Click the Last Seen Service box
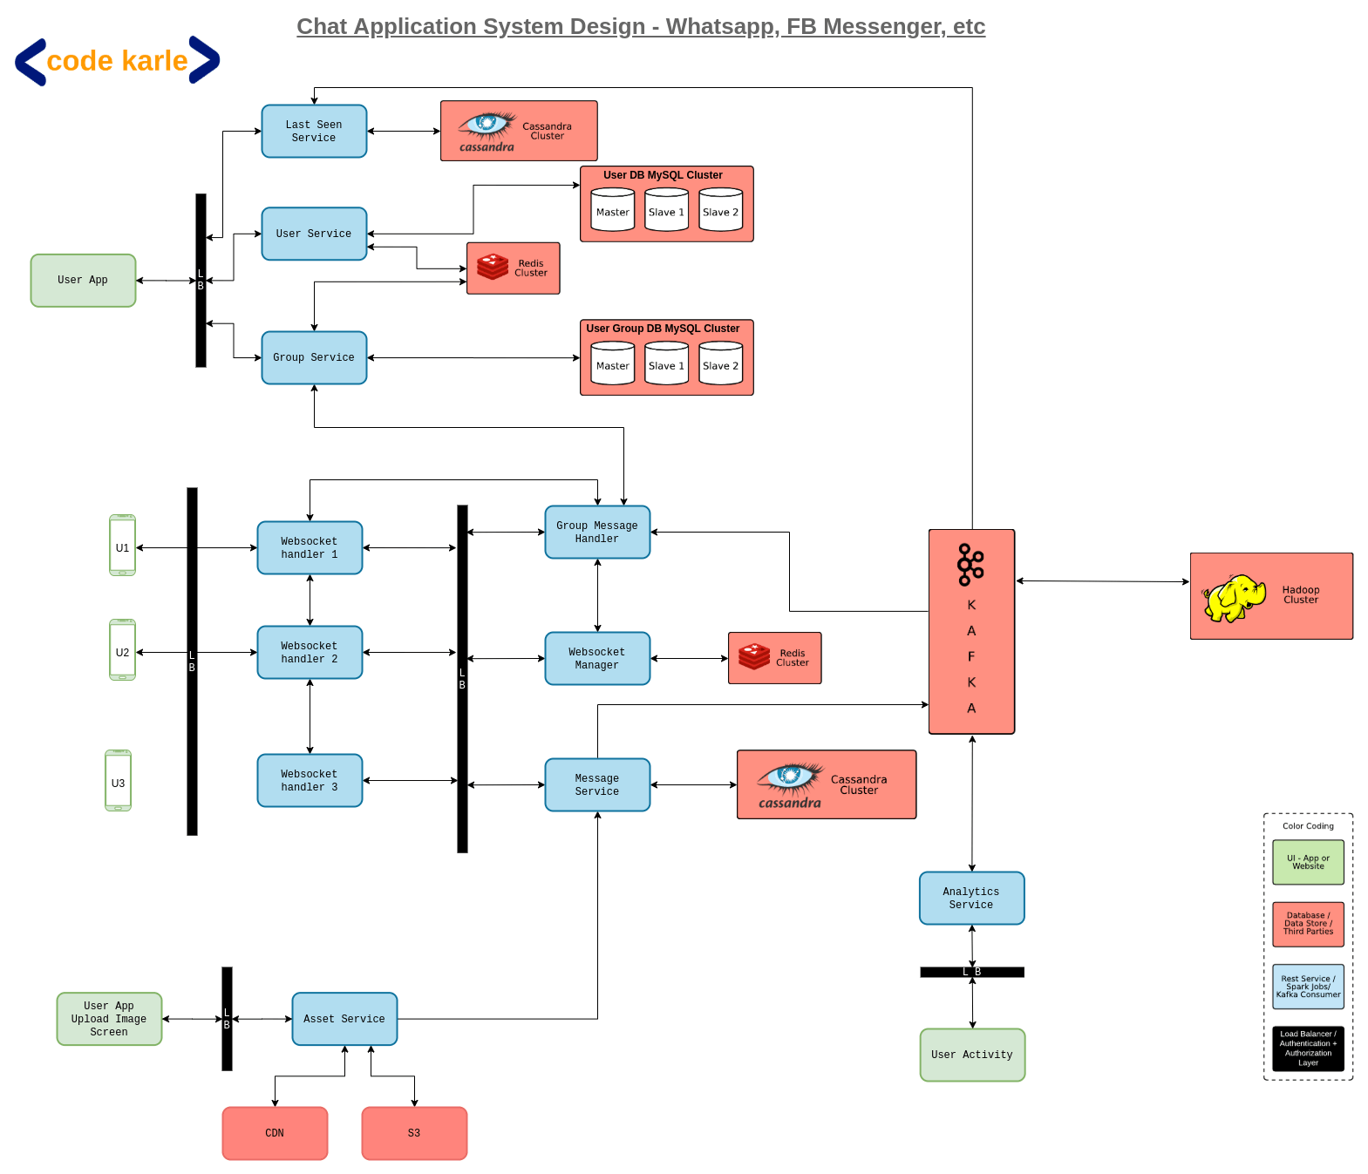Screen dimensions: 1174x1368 tap(314, 132)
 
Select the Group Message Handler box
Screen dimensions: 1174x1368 tap(597, 532)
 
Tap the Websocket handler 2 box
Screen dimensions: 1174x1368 tap(310, 652)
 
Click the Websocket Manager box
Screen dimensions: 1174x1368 tap(597, 658)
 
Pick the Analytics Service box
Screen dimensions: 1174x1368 tap(971, 898)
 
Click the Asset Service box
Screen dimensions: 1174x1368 tap(344, 1019)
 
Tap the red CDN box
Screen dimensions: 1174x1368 tap(275, 1133)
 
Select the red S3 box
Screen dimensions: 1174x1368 tap(414, 1133)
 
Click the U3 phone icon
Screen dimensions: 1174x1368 tap(118, 781)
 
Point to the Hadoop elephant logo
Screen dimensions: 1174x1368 tap(1234, 598)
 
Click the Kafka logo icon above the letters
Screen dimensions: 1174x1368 tap(970, 565)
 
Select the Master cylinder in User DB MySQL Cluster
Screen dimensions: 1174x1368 tap(612, 210)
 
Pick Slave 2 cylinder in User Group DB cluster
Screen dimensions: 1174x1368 tap(720, 363)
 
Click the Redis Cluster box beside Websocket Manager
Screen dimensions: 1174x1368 tap(774, 658)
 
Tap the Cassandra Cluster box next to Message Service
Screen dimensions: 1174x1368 tap(826, 784)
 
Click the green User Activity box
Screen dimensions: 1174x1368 tap(972, 1055)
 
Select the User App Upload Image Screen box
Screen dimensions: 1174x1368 tap(109, 1019)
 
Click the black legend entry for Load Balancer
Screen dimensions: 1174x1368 tap(1307, 1048)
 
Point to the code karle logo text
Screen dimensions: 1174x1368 tap(117, 61)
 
